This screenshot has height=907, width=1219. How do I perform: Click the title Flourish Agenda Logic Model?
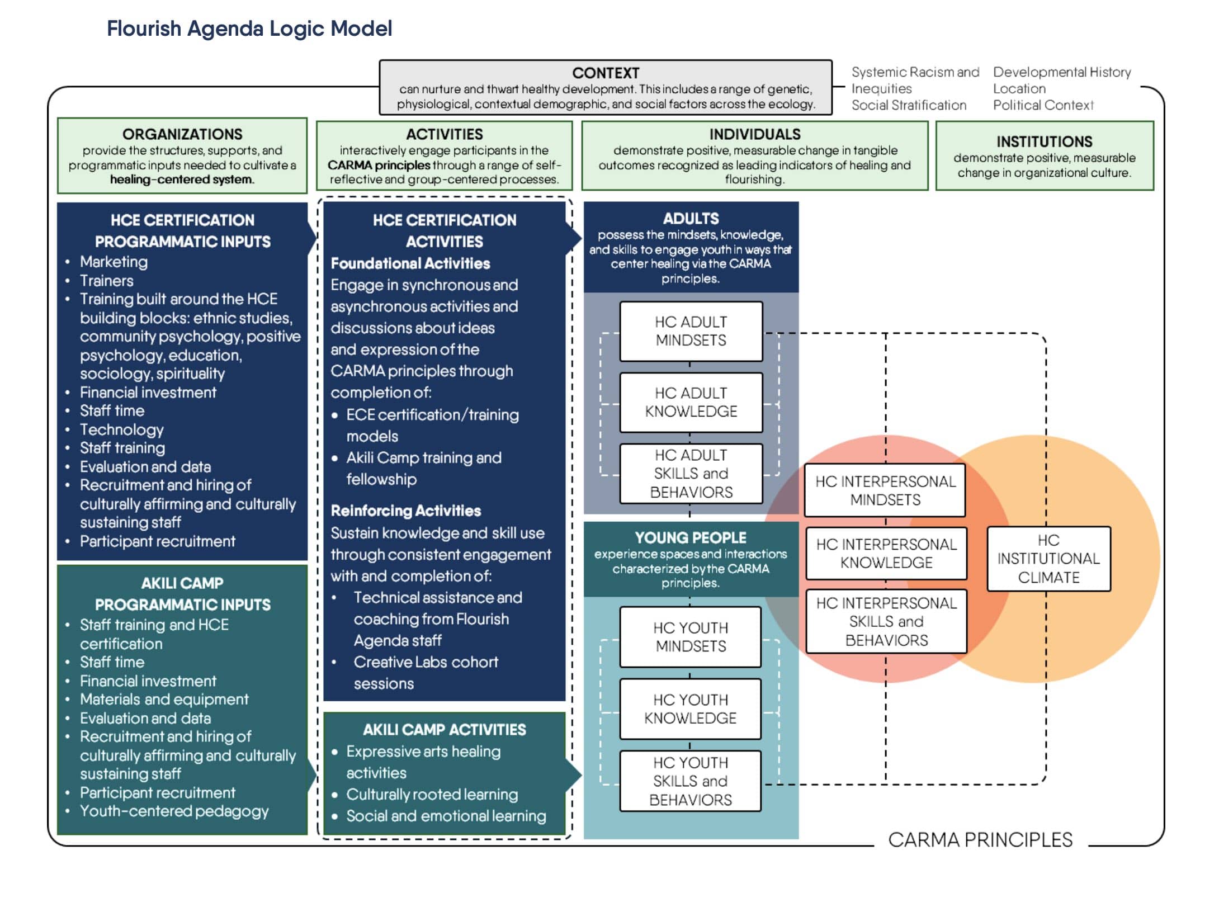(x=249, y=29)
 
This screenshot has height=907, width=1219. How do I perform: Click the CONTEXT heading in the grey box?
(x=605, y=73)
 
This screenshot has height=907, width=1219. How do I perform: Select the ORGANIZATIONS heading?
(x=182, y=134)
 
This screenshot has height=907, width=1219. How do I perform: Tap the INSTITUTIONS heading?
(x=1044, y=141)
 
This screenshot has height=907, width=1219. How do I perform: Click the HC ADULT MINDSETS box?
(x=691, y=331)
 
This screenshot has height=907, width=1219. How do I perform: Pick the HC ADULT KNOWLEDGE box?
(x=691, y=402)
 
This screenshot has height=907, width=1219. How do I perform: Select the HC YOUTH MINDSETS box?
(x=691, y=637)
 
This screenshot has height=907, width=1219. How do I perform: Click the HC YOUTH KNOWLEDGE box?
(x=691, y=708)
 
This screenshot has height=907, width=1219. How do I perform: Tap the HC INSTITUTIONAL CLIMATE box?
(x=1048, y=559)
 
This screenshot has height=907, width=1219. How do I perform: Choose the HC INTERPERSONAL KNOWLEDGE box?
(x=886, y=553)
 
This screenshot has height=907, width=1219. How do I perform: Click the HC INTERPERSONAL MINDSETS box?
(x=885, y=490)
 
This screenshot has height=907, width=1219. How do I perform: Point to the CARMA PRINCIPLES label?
(x=980, y=840)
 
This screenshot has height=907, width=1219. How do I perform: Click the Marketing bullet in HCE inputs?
(x=114, y=262)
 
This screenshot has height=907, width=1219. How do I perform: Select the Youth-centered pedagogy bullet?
(x=174, y=811)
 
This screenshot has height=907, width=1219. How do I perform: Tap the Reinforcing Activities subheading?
(x=406, y=511)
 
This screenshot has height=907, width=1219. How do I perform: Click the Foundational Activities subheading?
(x=410, y=263)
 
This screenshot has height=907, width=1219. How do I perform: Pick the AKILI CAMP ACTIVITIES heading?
(x=445, y=730)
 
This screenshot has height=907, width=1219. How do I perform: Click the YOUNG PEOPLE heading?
(x=691, y=538)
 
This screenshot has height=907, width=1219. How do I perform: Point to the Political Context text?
(x=1043, y=105)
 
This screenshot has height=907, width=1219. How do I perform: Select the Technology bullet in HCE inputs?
(x=122, y=429)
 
